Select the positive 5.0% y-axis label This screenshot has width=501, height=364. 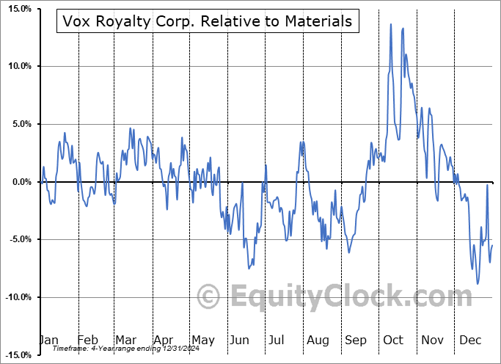coord(17,124)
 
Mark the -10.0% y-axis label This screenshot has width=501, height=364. coord(15,297)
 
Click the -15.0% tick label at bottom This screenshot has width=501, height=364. coord(15,355)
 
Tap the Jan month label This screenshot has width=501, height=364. coord(48,340)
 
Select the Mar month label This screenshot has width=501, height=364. coord(125,340)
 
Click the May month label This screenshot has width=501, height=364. coord(202,340)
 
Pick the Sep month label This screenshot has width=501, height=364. coord(356,340)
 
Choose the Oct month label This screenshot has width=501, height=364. coord(394,340)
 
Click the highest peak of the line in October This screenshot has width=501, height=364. coord(391,24)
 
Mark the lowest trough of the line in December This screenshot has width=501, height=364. coord(478,284)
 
